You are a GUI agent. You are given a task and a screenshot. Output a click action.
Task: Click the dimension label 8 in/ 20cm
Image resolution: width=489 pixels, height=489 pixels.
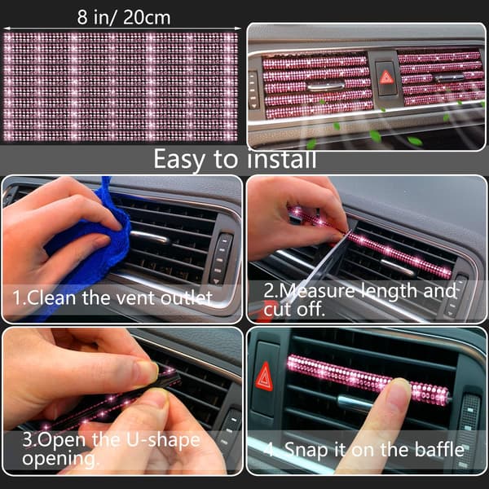124,17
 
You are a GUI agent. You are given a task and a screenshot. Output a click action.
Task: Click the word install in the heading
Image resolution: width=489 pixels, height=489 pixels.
282,159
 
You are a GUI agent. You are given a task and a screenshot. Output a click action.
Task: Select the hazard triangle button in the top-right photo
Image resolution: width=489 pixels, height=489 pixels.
386,78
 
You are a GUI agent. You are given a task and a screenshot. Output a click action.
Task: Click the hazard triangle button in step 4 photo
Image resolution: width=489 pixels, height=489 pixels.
264,377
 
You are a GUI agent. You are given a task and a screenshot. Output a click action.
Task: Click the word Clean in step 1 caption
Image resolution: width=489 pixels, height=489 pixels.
51,297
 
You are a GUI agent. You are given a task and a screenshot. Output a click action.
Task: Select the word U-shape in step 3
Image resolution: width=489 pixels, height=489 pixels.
163,441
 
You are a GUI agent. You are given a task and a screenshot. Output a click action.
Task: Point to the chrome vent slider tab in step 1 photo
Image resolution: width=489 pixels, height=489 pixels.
149,237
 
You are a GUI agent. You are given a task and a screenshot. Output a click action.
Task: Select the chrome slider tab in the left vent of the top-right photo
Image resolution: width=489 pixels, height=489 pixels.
325,86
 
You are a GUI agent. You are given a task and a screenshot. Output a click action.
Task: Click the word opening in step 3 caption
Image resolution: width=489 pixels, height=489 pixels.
59,459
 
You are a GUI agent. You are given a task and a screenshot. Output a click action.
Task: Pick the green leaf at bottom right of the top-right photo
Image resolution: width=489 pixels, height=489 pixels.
415,141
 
